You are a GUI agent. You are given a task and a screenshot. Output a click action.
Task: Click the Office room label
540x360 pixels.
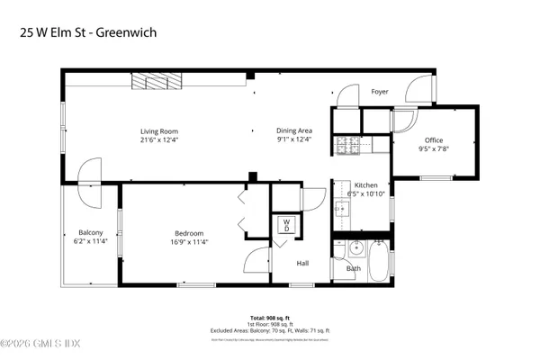tap(434, 139)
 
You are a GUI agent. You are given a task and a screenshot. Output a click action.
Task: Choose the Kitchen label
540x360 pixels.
tap(365, 185)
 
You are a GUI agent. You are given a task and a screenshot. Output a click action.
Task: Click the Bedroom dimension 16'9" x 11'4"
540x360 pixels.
tap(189, 241)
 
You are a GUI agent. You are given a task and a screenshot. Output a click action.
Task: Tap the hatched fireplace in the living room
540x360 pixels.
tap(155, 81)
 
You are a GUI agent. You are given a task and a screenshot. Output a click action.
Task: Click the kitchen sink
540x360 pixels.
tap(342, 208)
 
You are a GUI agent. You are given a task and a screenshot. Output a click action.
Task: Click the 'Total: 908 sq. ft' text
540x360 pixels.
tap(269, 317)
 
